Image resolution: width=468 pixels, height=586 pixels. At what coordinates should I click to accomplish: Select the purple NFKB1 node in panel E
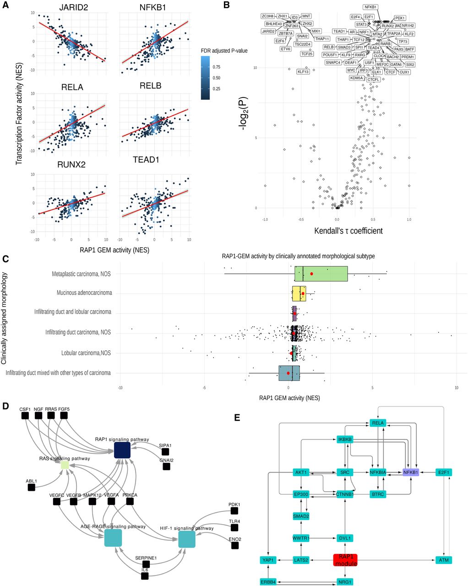click(x=411, y=472)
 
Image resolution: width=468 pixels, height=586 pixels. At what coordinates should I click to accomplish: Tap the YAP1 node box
click(x=268, y=560)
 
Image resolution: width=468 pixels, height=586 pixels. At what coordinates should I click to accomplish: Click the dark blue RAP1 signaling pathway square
click(x=122, y=450)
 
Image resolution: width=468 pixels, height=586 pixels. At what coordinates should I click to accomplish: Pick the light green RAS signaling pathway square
click(x=65, y=465)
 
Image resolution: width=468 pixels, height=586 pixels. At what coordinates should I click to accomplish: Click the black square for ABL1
click(x=31, y=488)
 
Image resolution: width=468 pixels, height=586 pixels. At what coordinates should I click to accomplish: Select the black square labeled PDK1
click(x=234, y=510)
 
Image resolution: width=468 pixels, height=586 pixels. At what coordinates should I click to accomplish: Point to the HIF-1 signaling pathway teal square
click(x=187, y=538)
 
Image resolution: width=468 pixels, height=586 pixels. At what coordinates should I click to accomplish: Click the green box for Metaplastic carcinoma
click(x=321, y=274)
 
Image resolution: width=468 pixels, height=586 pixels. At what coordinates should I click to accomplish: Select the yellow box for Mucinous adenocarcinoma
click(x=299, y=293)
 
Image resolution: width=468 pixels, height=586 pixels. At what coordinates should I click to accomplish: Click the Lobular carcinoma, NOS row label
click(x=86, y=353)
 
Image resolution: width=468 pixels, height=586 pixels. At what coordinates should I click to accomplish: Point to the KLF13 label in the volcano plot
click(x=303, y=72)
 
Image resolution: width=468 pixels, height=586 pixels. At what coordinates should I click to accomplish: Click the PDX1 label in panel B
click(x=400, y=18)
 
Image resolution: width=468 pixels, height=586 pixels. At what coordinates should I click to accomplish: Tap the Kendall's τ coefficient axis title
click(x=348, y=231)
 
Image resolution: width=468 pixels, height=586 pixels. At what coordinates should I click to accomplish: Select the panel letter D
click(x=5, y=406)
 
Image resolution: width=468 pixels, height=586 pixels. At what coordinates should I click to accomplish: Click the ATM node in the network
click(x=444, y=560)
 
